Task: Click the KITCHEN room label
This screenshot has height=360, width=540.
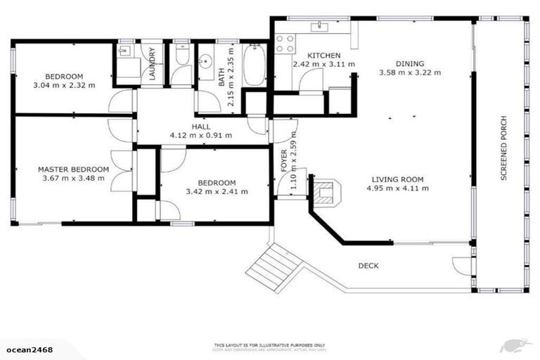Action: pos(324,55)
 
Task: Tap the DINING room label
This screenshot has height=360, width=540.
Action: pos(409,63)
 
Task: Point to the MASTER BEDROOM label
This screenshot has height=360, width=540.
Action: pos(73,169)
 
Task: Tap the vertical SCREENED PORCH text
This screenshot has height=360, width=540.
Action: pos(503,147)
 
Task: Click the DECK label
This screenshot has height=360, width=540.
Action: pos(368,266)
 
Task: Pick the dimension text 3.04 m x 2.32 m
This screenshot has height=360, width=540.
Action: pos(64,85)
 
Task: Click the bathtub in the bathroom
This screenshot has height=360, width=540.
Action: pos(254,65)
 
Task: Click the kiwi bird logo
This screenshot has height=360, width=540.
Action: pos(515,346)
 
